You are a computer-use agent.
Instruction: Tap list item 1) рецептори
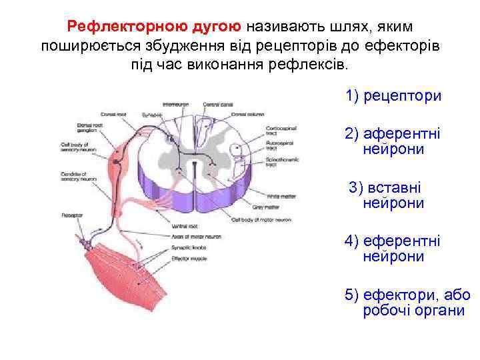tap(393, 96)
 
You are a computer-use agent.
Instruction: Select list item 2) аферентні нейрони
tap(393, 141)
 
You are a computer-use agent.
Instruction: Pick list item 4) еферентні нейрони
tap(393, 248)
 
